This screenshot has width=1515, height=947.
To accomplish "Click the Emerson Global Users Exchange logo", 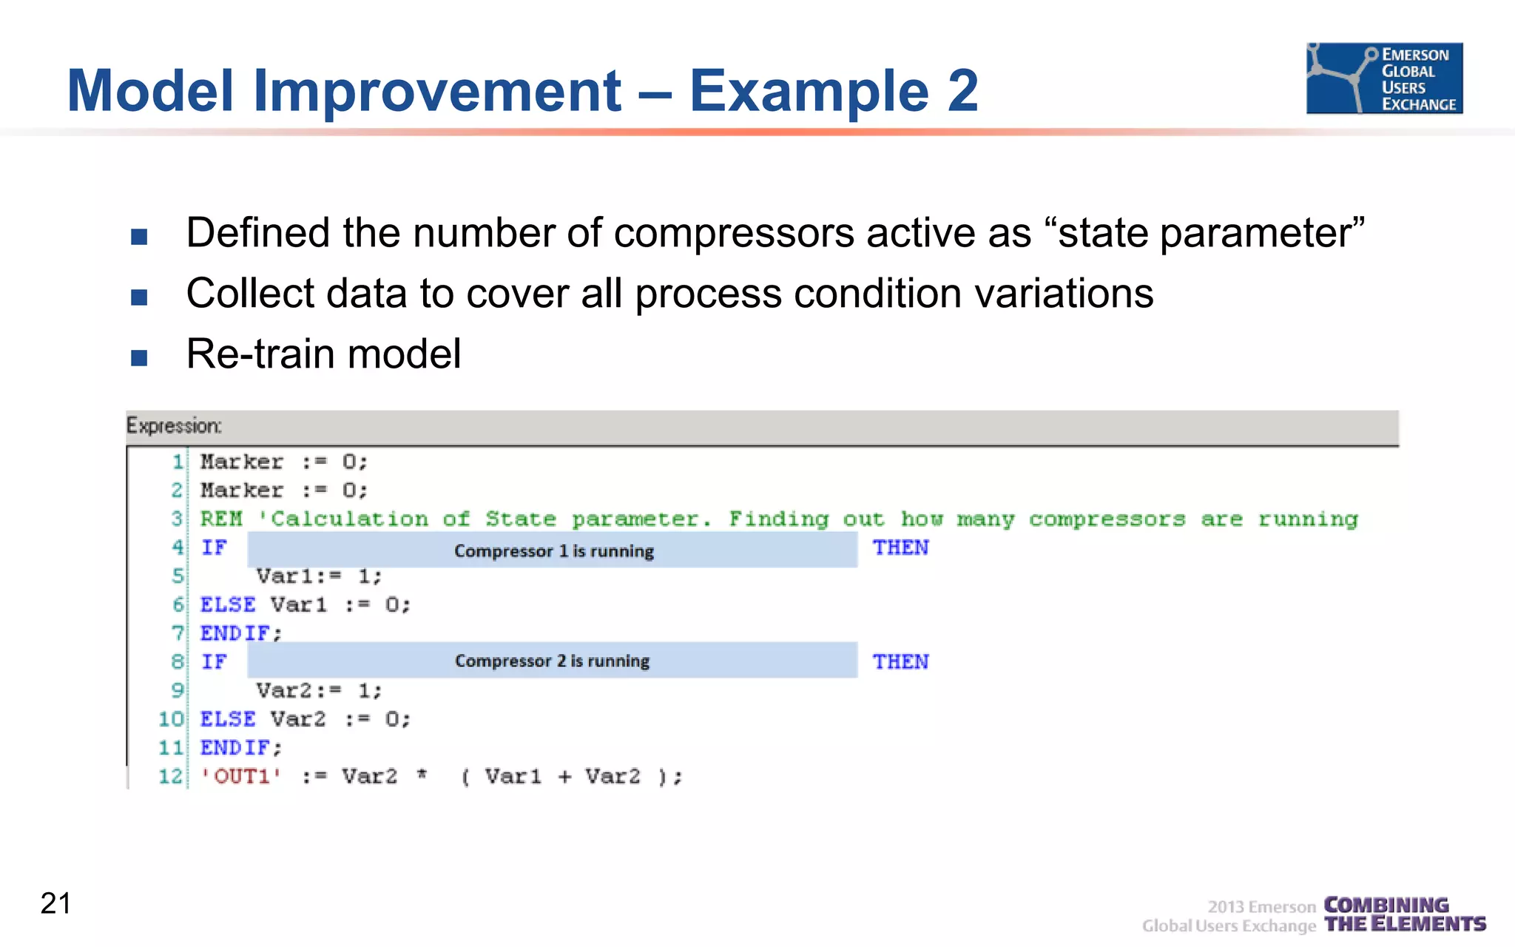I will click(x=1384, y=78).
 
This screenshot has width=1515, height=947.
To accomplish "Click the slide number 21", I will click(x=55, y=903).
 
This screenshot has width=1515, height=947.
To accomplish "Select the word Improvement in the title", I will click(x=436, y=91).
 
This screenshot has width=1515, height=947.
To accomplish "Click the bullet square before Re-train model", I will click(x=139, y=358).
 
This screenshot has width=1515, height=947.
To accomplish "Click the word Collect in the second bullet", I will click(x=250, y=294).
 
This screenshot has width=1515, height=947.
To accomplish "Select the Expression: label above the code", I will click(x=174, y=426).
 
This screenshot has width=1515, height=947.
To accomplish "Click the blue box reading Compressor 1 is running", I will click(x=553, y=550).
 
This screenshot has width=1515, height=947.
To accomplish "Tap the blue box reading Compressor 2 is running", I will click(x=553, y=661).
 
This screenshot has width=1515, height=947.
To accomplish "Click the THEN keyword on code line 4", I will click(x=900, y=548).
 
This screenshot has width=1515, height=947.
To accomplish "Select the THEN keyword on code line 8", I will click(x=900, y=662).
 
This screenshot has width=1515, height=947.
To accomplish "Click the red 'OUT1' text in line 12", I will click(x=241, y=777).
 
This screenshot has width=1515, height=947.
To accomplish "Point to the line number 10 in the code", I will click(x=170, y=719).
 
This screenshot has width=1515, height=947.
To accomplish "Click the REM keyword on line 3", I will click(x=221, y=519).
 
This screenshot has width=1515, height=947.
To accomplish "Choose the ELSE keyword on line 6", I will click(x=228, y=605).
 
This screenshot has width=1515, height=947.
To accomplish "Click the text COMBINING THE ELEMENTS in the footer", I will click(x=1403, y=915).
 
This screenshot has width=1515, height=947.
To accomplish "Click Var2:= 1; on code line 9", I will click(x=319, y=691).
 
